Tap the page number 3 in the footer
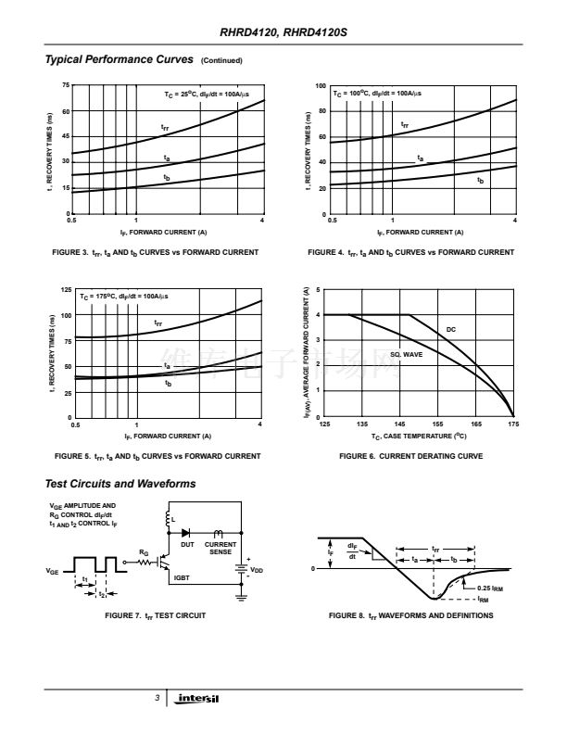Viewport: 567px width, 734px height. click(157, 698)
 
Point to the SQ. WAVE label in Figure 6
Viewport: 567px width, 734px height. click(407, 354)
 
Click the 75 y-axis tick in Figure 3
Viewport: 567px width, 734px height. click(65, 85)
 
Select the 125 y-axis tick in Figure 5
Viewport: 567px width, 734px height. click(64, 290)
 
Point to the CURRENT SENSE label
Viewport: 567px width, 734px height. click(220, 548)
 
